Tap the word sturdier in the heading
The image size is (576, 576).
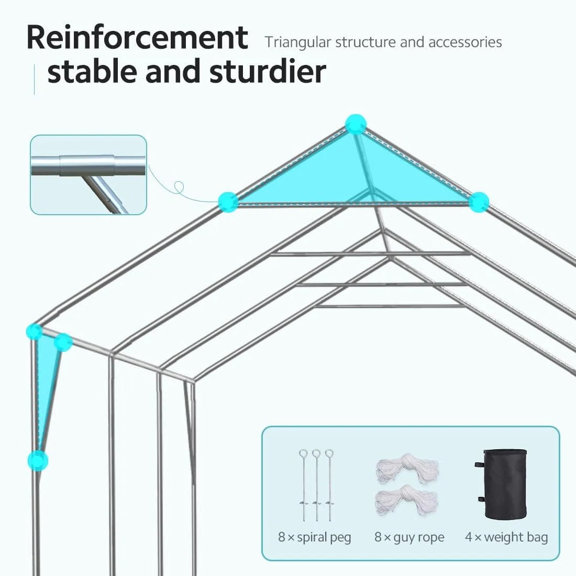(268, 72)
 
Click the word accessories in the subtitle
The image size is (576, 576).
(465, 42)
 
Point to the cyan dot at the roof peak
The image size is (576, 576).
(356, 125)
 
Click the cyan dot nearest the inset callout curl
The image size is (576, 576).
(228, 202)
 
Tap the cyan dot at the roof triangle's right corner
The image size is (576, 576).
(478, 202)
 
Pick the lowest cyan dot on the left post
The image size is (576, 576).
(38, 460)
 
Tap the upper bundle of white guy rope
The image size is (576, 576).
(406, 469)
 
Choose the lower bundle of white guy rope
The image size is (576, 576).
(406, 497)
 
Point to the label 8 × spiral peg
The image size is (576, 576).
(315, 537)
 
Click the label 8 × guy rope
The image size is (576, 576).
(409, 537)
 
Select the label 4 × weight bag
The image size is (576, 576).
(506, 537)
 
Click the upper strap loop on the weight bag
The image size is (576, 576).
(478, 466)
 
